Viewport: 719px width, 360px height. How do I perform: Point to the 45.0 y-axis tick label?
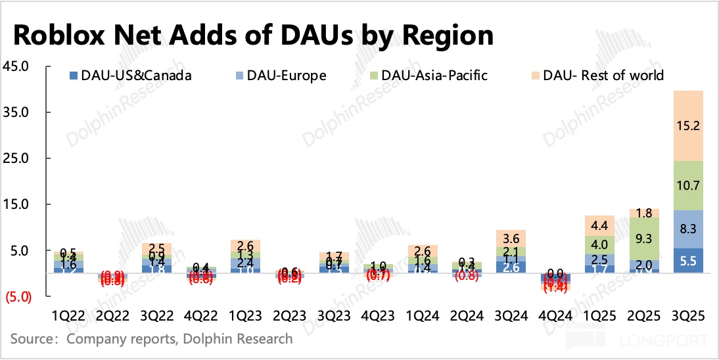click(x=18, y=66)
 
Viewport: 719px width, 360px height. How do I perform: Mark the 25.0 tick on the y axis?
click(x=18, y=158)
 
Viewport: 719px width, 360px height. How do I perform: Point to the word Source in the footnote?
click(x=32, y=339)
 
